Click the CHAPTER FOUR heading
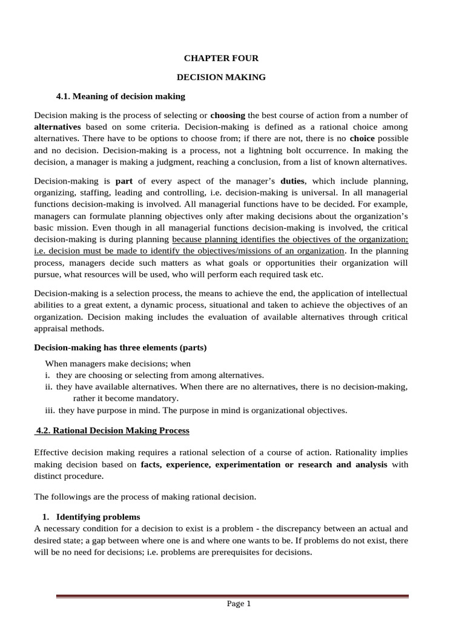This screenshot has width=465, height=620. (221, 58)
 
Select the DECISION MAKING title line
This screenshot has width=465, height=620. (221, 77)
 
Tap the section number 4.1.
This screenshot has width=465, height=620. (64, 96)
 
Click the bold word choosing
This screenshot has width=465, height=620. (228, 115)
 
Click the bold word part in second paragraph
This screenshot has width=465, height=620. (124, 181)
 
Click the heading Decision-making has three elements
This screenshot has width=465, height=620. (120, 348)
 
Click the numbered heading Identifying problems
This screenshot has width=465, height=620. (98, 516)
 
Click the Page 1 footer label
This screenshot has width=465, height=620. (239, 603)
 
